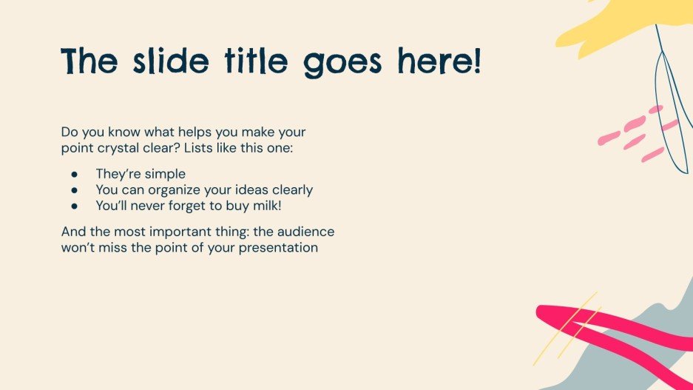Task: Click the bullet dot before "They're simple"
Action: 74,174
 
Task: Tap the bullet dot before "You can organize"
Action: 74,190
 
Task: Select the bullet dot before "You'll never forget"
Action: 74,206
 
